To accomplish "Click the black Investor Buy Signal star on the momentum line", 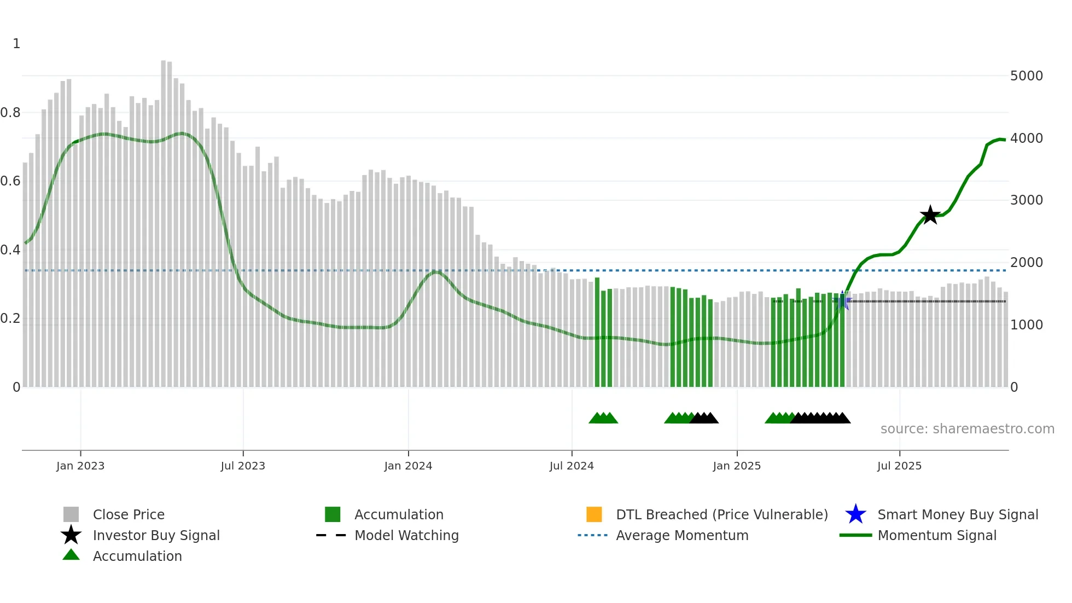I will tap(930, 215).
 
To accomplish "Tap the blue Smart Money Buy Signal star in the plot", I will tap(843, 301).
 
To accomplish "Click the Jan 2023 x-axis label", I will tap(80, 466).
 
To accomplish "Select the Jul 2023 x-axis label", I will tap(243, 466).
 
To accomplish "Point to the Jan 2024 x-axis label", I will tap(408, 466).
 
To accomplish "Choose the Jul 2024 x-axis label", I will tap(572, 466).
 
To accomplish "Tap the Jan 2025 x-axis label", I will tap(737, 466).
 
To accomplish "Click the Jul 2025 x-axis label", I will tap(899, 466).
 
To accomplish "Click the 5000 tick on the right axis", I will tap(1026, 76).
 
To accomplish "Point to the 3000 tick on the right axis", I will tap(1026, 200).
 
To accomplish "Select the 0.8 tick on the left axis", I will tap(10, 113).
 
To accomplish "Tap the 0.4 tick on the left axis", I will tap(10, 250).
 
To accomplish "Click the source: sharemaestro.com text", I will tap(967, 429).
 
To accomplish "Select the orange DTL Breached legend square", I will tap(594, 514).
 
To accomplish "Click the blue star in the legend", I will tap(855, 514).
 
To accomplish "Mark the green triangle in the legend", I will tap(71, 555).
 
